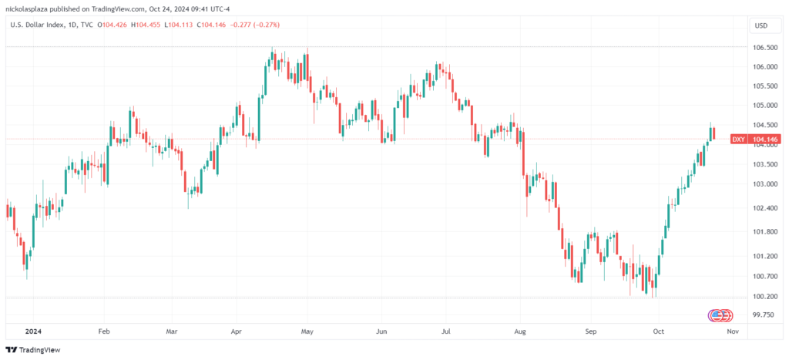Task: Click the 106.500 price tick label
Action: point(764,47)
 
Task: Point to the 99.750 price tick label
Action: point(763,315)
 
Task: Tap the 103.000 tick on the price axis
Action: point(764,184)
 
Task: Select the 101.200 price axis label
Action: point(764,256)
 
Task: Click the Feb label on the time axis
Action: point(105,332)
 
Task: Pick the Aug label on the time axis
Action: point(520,332)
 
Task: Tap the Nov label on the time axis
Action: point(733,332)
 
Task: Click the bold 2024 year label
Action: point(33,332)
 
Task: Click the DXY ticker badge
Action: point(738,139)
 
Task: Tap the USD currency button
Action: point(761,25)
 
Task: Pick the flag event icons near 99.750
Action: point(718,315)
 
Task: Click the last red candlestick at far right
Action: point(714,134)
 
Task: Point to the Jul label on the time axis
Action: point(445,332)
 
